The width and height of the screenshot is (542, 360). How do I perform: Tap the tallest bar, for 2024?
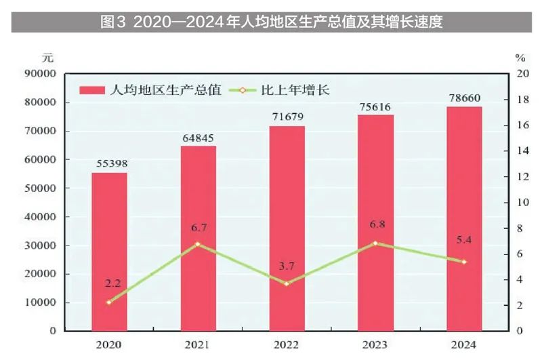click(x=464, y=218)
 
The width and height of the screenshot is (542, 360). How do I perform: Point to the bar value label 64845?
click(x=198, y=138)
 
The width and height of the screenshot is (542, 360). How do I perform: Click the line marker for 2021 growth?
click(x=198, y=243)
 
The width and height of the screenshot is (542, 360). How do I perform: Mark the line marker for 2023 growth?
click(x=375, y=243)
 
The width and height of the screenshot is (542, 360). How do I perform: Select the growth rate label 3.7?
click(x=287, y=265)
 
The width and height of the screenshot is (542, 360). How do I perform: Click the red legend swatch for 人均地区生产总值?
click(x=91, y=89)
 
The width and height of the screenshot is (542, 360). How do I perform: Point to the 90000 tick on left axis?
click(x=41, y=74)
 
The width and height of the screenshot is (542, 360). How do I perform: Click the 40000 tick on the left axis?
click(x=41, y=217)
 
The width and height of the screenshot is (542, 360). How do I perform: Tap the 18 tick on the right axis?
click(x=519, y=100)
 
